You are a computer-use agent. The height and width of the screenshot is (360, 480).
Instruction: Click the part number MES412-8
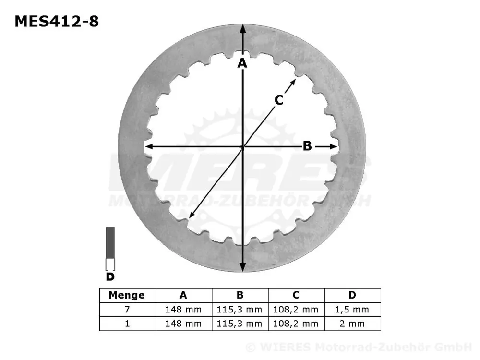(x=57, y=21)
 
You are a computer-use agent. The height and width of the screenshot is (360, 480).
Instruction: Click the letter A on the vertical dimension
(x=242, y=63)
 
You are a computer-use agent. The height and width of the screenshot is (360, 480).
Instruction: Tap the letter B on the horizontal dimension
(x=307, y=146)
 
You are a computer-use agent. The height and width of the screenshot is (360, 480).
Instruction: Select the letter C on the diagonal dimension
(x=279, y=100)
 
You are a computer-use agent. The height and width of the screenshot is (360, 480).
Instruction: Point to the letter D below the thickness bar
(x=110, y=276)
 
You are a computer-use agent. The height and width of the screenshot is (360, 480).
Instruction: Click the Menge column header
(x=127, y=295)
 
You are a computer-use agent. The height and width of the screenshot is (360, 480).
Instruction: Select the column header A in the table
(x=183, y=295)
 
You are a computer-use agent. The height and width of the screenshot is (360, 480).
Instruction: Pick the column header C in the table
(x=296, y=295)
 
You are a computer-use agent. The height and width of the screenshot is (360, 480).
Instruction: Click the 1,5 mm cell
(x=352, y=310)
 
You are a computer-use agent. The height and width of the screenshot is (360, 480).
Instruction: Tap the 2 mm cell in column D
(x=352, y=324)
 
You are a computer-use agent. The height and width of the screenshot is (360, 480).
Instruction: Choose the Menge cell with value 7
(x=127, y=310)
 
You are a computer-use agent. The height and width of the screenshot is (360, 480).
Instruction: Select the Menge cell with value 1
(x=127, y=324)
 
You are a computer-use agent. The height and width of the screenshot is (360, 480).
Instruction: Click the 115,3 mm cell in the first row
(x=240, y=310)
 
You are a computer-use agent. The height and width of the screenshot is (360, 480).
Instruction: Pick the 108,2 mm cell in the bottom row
(x=296, y=324)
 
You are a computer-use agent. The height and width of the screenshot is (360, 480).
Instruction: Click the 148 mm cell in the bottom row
(x=183, y=324)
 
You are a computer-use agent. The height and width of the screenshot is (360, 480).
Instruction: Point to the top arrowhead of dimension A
(x=243, y=28)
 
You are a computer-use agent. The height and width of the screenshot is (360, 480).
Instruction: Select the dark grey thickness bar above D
(x=110, y=242)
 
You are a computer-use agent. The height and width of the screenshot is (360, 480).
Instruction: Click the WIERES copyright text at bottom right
(x=358, y=347)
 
